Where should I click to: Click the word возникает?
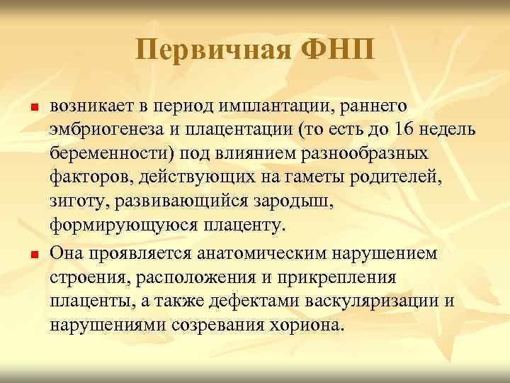88,106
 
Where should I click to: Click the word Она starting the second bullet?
67,254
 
